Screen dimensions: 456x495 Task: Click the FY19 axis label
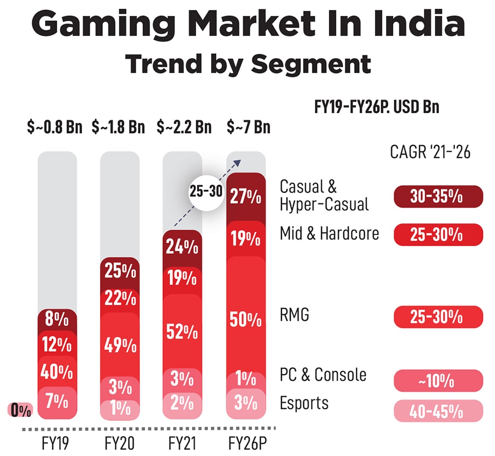coord(55,443)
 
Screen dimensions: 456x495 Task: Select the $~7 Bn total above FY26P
coord(249,127)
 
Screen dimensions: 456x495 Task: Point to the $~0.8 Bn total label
coord(54,127)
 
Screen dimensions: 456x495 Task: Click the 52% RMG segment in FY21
coord(183,331)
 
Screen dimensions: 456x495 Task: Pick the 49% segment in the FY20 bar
coord(120,344)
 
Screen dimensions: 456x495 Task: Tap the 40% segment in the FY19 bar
coord(57,372)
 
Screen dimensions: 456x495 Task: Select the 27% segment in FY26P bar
coord(246,197)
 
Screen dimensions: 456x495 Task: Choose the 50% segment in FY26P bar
coord(246,319)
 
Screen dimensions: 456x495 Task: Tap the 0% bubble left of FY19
coord(20,409)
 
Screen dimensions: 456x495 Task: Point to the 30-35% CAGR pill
coord(438,197)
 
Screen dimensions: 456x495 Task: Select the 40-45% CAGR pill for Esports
coord(438,410)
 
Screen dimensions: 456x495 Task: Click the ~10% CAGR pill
coord(438,380)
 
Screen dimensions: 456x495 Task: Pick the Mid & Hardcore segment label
coord(329,233)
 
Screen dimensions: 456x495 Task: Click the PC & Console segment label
coord(323,375)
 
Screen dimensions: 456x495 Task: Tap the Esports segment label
coord(304,403)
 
